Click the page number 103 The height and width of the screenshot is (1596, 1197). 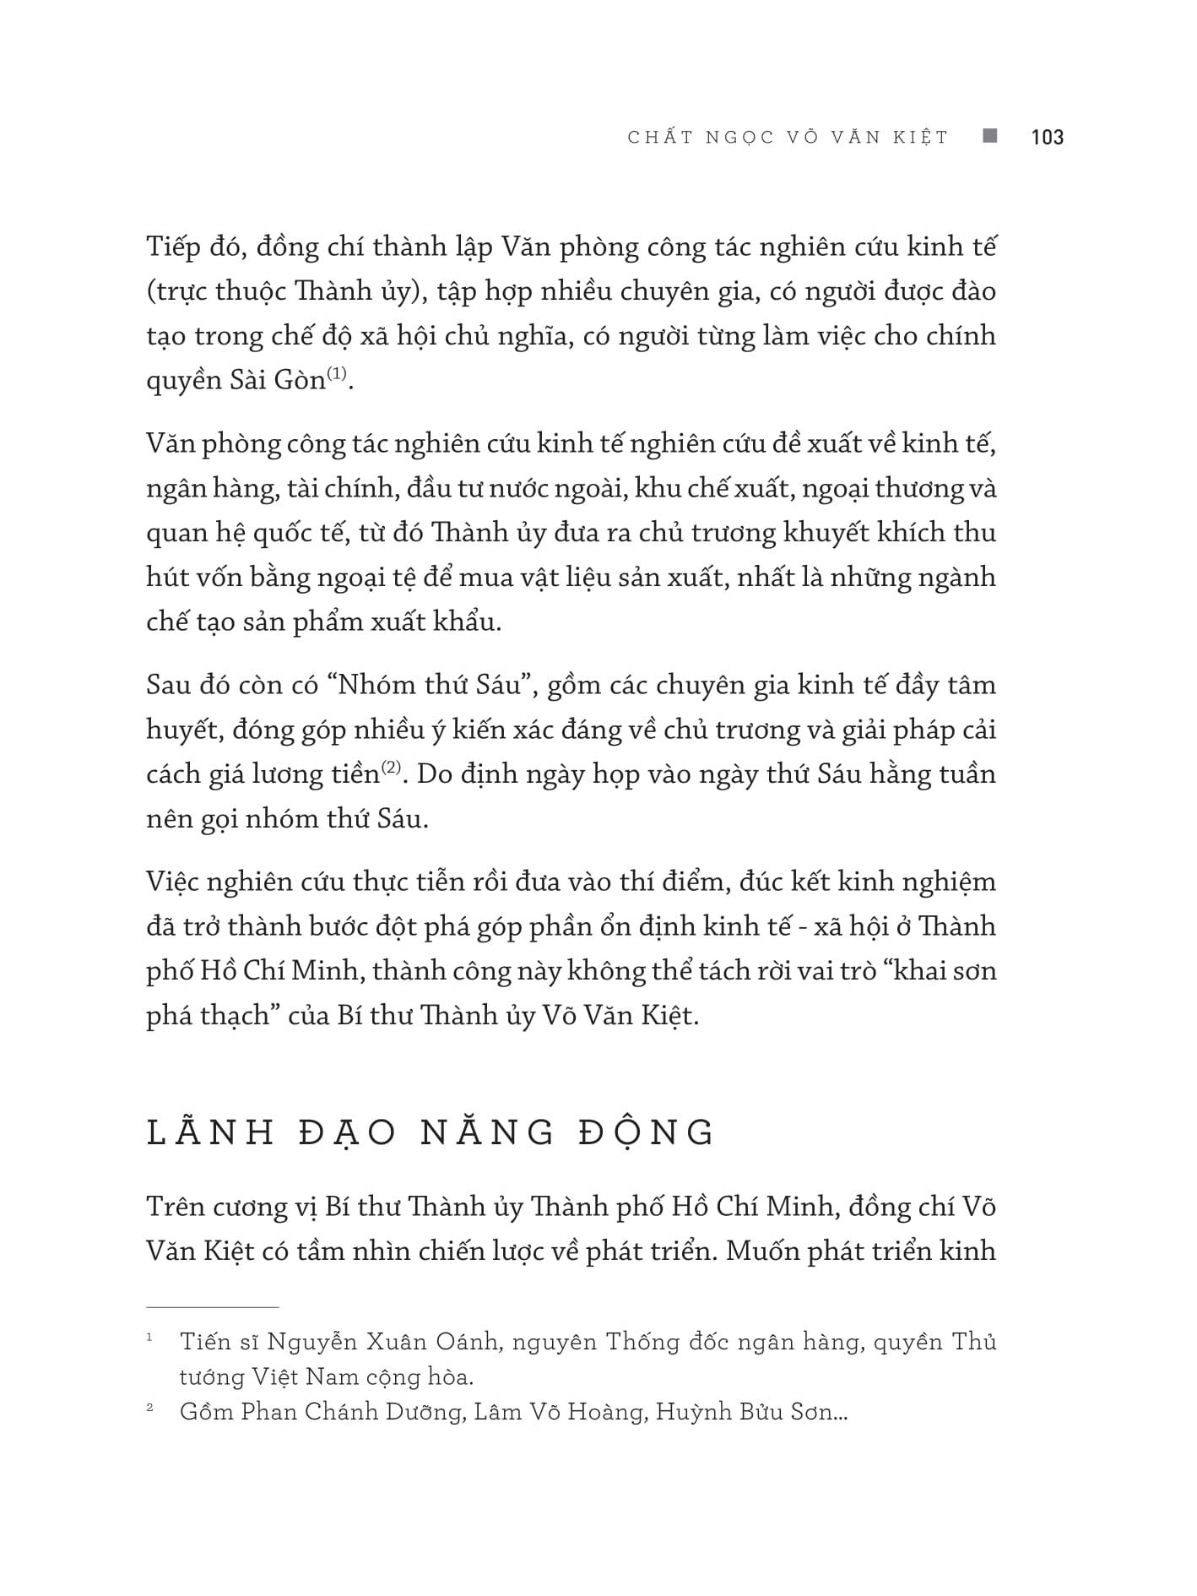tap(1047, 137)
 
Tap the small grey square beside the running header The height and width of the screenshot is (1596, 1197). tap(990, 135)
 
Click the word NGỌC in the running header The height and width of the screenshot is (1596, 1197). tap(744, 138)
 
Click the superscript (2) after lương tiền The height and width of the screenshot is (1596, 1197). tap(392, 768)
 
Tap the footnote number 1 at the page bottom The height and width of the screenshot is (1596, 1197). tap(149, 1338)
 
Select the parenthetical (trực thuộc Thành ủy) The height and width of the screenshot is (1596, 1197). tap(284, 291)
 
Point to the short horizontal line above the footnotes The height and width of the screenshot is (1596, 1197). tap(212, 1307)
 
